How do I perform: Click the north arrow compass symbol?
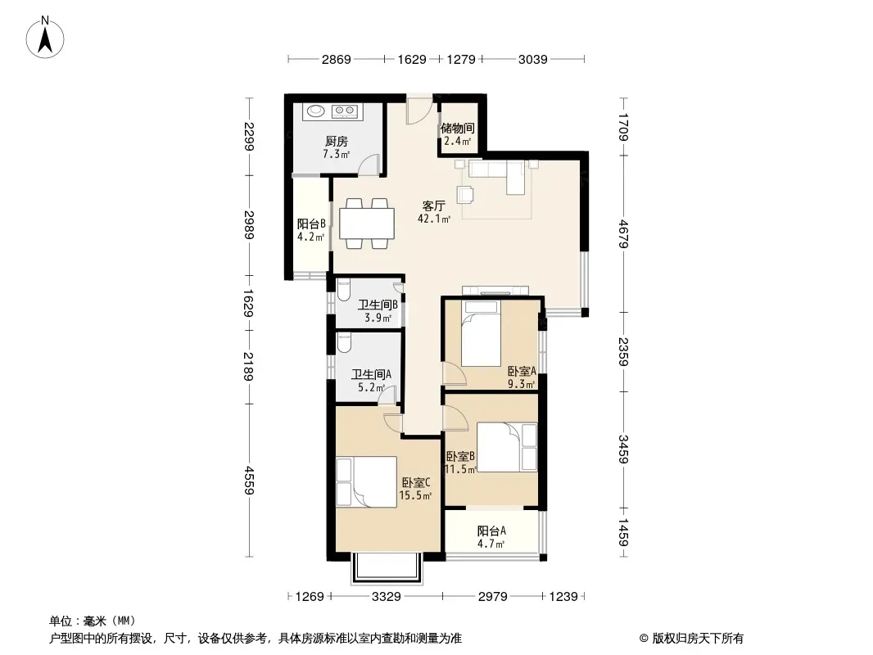coord(45,38)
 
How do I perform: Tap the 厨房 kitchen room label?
coord(337,142)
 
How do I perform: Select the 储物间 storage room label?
coord(458,129)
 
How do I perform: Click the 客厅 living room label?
coord(434,206)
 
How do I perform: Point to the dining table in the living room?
coord(367,224)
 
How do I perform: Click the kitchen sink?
coord(316,111)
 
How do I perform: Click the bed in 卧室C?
coord(366,482)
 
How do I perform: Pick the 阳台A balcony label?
coord(491,531)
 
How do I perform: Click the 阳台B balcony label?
coord(311,224)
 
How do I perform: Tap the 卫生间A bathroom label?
coord(371,374)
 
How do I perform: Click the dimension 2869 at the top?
coord(337,59)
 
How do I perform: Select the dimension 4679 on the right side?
coord(623,234)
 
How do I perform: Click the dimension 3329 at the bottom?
coord(387,597)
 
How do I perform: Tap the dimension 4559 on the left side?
coord(249,481)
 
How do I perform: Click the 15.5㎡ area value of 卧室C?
coord(415,496)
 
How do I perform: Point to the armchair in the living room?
coord(465,194)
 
